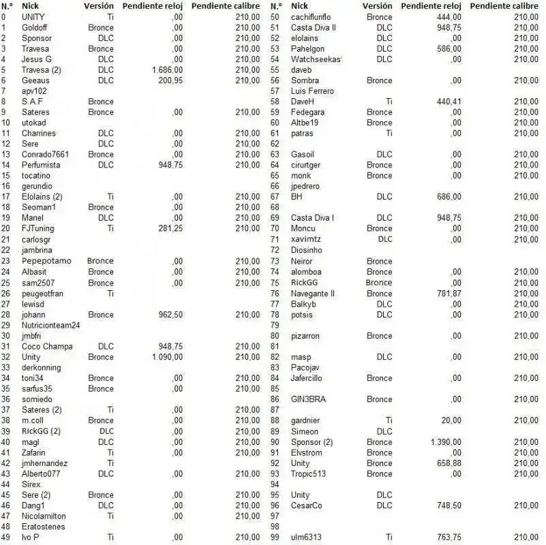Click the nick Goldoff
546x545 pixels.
(x=35, y=27)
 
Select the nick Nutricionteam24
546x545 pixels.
(x=50, y=325)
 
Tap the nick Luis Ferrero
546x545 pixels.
(x=312, y=91)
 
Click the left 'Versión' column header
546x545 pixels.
(x=99, y=5)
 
